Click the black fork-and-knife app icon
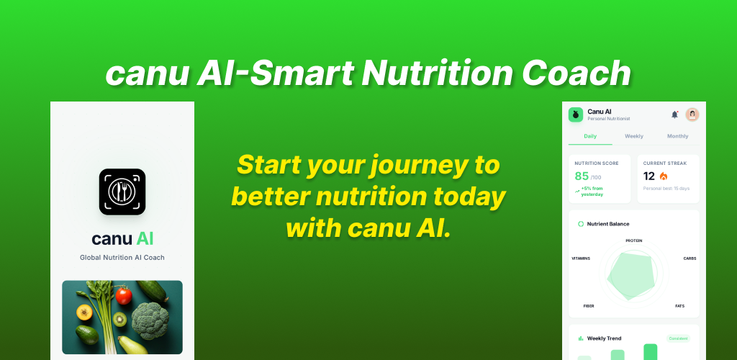[122, 192]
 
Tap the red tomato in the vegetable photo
[124, 295]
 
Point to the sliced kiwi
[119, 318]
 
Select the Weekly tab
[634, 136]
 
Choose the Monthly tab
[677, 136]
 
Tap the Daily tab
[590, 136]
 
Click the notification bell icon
[674, 114]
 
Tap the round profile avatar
[692, 114]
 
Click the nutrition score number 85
[582, 176]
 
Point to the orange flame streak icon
[664, 176]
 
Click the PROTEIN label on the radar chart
[633, 240]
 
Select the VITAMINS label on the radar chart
[581, 258]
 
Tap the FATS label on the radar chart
[679, 306]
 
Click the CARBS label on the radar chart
[689, 258]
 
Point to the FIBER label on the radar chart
[588, 306]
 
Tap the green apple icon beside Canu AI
[576, 114]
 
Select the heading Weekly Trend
[604, 338]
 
